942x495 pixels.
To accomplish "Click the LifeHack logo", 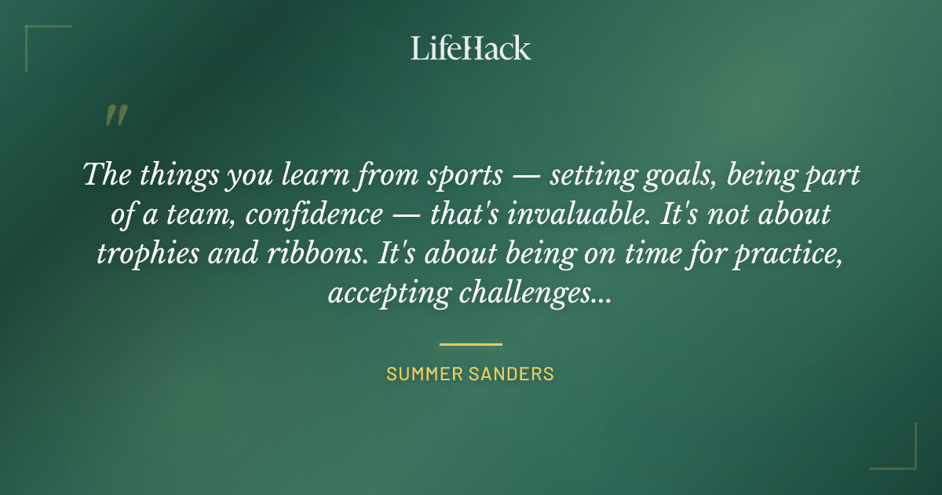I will pyautogui.click(x=471, y=48).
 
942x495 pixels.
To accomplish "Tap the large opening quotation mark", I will pyautogui.click(x=116, y=115).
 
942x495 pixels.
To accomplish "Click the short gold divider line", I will pyautogui.click(x=471, y=344).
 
